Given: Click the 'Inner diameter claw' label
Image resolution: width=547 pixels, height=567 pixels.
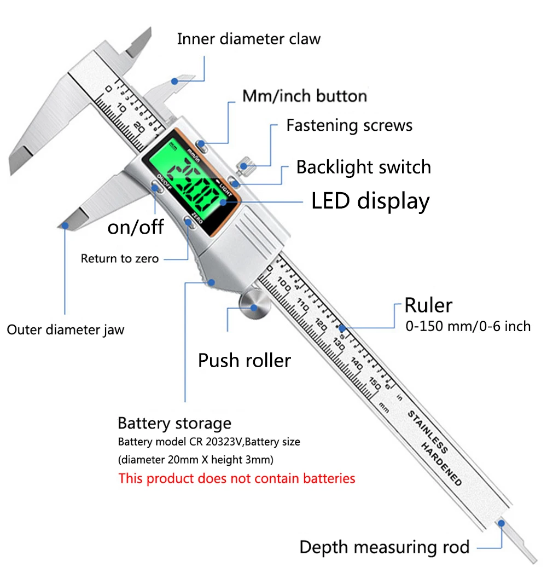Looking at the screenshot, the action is (x=248, y=39).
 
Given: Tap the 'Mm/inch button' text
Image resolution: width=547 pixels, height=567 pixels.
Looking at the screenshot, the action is (x=305, y=96).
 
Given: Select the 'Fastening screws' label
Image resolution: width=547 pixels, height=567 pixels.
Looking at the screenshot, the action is (x=349, y=125).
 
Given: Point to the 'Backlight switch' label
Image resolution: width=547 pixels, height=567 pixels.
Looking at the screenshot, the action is (x=363, y=167).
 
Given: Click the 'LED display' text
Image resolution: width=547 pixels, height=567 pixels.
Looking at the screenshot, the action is (x=370, y=201).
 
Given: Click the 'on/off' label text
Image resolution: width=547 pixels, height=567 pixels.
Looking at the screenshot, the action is (x=136, y=227).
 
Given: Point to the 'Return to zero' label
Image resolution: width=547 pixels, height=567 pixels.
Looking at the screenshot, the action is (x=120, y=258).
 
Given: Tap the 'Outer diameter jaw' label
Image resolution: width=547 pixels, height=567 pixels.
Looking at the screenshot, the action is (x=66, y=330).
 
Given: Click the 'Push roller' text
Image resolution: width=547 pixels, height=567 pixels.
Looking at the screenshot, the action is (x=244, y=361).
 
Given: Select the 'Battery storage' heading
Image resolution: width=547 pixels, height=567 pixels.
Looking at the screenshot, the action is (x=174, y=424).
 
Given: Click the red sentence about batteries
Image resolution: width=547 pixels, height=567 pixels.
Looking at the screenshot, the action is (x=237, y=478).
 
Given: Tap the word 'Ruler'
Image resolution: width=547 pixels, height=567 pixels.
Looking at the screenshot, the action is (x=428, y=305).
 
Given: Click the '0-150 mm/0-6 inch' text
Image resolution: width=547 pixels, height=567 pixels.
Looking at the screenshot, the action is (x=468, y=326).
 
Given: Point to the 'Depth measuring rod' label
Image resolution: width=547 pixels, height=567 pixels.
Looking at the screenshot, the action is (x=385, y=547).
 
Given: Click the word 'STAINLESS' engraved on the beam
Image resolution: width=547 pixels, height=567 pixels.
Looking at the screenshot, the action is (x=428, y=432).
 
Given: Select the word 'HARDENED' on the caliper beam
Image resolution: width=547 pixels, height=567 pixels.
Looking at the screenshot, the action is (x=441, y=464).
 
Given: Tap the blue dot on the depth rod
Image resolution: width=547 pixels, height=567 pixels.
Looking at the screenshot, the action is (x=501, y=523).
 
